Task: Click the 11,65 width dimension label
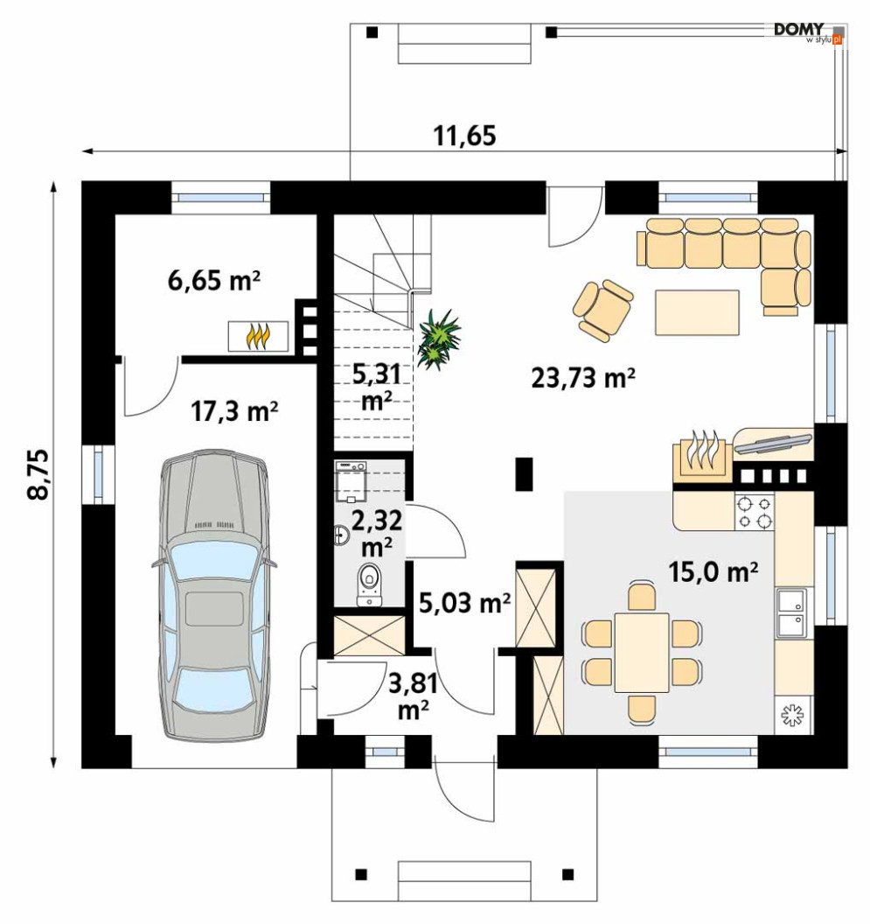[x=465, y=136]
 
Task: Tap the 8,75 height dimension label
[x=38, y=475]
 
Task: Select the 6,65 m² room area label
[x=214, y=280]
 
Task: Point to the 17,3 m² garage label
[x=233, y=411]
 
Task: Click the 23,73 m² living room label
[x=582, y=378]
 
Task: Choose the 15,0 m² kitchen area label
[x=713, y=571]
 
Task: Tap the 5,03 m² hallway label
[x=464, y=603]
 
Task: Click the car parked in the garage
[x=214, y=594]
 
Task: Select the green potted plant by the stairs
[x=438, y=339]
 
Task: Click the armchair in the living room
[x=603, y=310]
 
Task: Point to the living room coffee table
[x=697, y=312]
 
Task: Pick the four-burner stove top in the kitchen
[x=754, y=512]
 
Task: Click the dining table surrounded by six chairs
[x=642, y=653]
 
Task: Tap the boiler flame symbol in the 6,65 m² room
[x=259, y=337]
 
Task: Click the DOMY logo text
[x=798, y=30]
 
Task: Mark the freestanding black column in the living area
[x=525, y=473]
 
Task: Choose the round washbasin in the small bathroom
[x=341, y=535]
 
